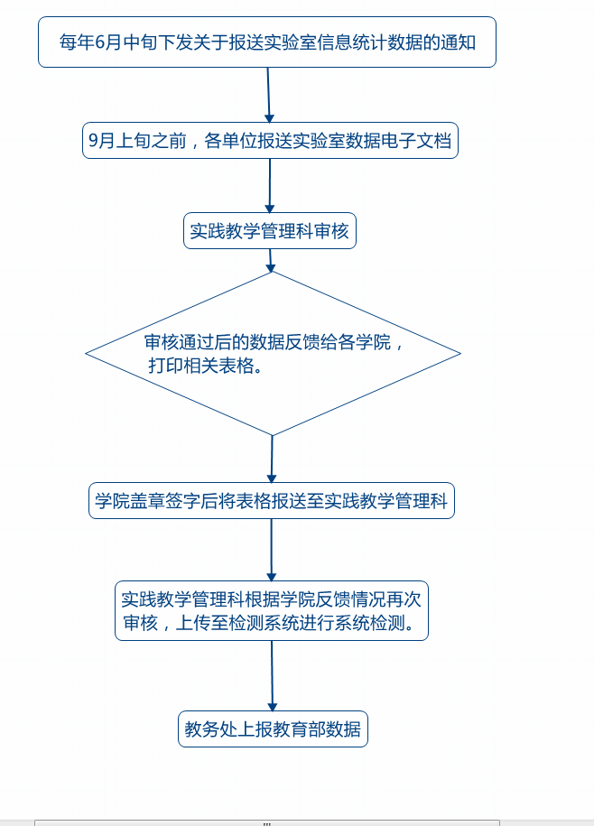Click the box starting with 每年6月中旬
click(x=267, y=42)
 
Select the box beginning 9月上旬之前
click(x=270, y=141)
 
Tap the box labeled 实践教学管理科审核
click(x=270, y=231)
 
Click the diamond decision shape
click(x=273, y=354)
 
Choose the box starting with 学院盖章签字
click(x=271, y=500)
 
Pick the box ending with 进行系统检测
click(x=272, y=611)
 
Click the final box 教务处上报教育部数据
click(x=273, y=729)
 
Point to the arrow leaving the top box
click(x=269, y=95)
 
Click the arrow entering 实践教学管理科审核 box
click(x=270, y=185)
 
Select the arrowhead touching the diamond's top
click(x=271, y=267)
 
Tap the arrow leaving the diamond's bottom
click(x=272, y=459)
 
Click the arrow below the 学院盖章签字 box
click(x=272, y=550)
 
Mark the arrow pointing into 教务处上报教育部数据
click(x=273, y=676)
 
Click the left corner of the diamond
click(x=86, y=354)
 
